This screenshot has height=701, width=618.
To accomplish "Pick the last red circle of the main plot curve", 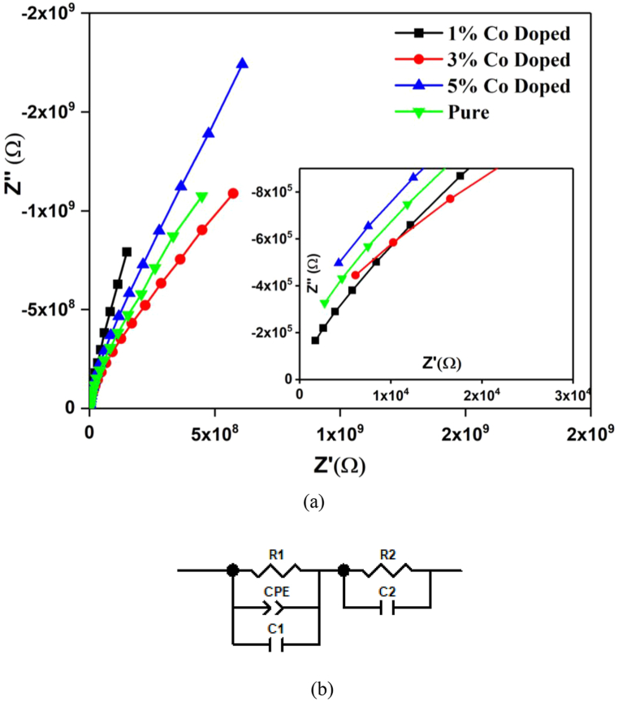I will (233, 193).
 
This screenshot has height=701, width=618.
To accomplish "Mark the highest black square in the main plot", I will (127, 252).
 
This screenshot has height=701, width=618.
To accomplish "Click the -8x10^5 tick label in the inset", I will (270, 191).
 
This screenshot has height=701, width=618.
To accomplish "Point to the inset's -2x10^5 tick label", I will (270, 333).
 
